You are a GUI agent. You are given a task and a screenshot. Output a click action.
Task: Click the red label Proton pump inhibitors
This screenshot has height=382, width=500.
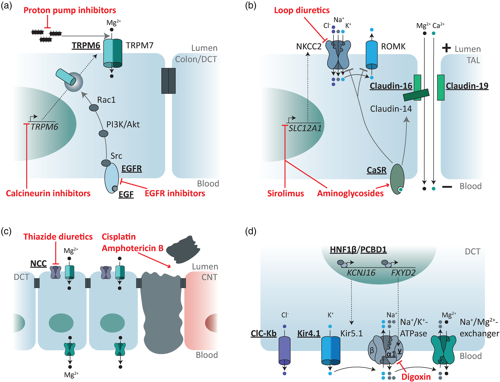tap(70, 11)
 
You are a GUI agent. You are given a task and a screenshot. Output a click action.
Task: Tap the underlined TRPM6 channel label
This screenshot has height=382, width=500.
tap(86, 45)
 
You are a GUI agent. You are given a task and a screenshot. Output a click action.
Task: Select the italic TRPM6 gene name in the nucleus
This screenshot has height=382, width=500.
tap(44, 127)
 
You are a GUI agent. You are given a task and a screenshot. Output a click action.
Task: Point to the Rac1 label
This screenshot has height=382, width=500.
tap(106, 100)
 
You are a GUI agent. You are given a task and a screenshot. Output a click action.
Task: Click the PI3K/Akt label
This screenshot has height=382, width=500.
tap(123, 124)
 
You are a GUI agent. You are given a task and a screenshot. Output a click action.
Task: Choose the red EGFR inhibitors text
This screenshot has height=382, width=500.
tap(175, 194)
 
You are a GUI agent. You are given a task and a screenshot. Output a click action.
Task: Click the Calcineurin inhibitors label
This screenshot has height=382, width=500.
tap(48, 194)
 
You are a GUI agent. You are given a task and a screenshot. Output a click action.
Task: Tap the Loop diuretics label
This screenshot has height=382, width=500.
tap(302, 11)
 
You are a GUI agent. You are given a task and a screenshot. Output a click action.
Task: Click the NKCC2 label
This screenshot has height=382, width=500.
tap(309, 47)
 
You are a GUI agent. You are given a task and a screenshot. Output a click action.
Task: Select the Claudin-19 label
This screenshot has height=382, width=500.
tap(467, 86)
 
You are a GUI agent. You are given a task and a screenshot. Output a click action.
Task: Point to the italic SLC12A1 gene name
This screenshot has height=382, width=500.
tap(305, 128)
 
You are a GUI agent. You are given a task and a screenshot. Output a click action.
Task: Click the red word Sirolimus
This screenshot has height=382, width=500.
tap(285, 194)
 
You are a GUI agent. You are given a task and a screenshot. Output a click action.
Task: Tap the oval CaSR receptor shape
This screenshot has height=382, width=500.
tap(397, 179)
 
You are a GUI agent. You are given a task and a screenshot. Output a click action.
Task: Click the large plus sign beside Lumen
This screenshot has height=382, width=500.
tap(446, 48)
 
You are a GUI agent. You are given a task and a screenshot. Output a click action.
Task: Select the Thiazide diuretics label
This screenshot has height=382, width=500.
tap(58, 237)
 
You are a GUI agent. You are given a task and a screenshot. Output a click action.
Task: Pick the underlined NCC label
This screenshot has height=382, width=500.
tap(38, 264)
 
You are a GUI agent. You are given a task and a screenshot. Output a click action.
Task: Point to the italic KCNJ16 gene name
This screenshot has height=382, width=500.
tap(361, 273)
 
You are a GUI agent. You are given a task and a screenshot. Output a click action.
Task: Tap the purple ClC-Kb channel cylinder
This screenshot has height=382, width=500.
tap(284, 351)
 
